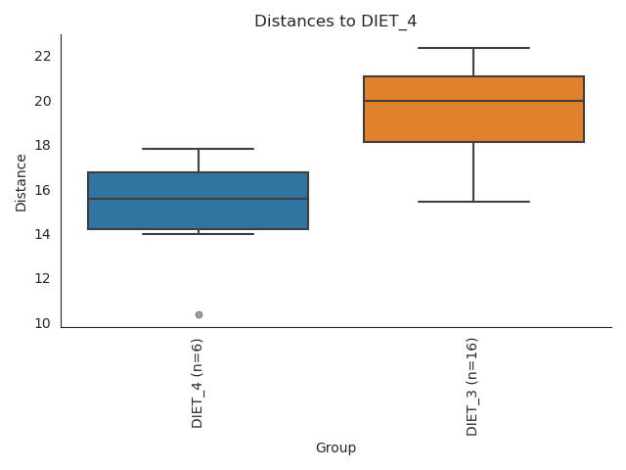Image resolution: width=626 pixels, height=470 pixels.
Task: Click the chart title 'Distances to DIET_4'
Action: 335,22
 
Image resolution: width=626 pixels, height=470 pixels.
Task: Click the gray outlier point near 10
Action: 199,314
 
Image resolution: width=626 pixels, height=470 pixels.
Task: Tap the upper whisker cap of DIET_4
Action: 199,149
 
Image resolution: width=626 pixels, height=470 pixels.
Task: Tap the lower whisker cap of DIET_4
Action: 199,234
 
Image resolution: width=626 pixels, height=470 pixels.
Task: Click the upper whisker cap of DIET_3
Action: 473,48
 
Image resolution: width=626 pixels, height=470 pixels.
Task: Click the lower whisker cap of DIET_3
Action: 473,202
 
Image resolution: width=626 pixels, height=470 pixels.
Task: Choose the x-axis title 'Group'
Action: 335,448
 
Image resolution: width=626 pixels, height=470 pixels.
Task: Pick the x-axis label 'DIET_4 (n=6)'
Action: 198,383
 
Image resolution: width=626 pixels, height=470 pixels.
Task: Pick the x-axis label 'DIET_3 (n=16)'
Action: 472,387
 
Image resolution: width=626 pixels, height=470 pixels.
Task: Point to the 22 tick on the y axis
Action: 42,56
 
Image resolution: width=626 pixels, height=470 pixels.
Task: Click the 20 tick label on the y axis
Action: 42,101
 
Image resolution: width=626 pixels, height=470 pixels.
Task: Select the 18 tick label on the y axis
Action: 42,145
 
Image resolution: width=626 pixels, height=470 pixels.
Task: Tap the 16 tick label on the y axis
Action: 42,190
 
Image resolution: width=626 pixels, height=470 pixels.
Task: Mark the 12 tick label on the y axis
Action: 42,279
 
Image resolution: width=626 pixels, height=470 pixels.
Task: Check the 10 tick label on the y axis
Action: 42,323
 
